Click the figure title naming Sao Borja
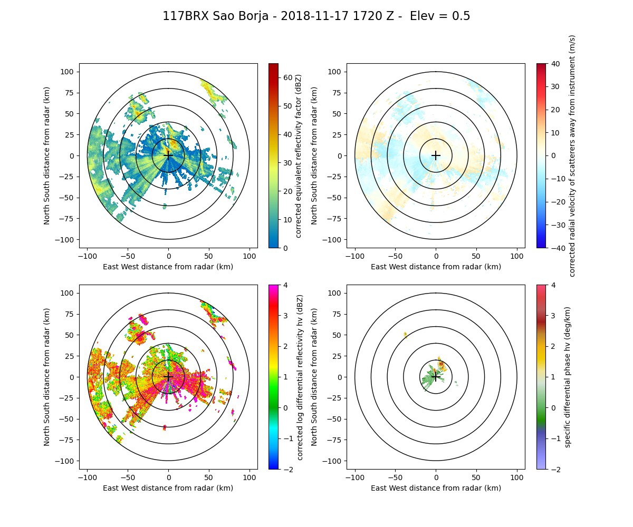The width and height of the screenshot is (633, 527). coord(316,16)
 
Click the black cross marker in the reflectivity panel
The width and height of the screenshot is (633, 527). coord(168,155)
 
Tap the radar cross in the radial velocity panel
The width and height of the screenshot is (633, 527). coord(436,155)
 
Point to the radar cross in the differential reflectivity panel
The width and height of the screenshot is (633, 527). coord(168,377)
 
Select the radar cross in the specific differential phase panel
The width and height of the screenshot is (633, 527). coord(436,377)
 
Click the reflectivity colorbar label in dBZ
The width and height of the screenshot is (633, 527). coord(298,155)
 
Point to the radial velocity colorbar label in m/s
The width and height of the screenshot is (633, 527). coord(572,155)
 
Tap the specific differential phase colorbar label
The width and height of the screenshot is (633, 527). coord(568,377)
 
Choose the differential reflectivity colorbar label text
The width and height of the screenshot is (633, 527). coord(300,377)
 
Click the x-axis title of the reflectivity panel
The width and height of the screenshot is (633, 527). coord(168,267)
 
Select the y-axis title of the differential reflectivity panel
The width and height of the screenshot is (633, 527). coord(47,377)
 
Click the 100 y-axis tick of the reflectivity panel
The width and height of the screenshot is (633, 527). coord(69,72)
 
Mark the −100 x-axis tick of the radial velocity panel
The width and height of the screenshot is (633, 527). coord(355,256)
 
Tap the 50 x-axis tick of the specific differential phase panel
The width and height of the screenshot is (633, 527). coord(476,477)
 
